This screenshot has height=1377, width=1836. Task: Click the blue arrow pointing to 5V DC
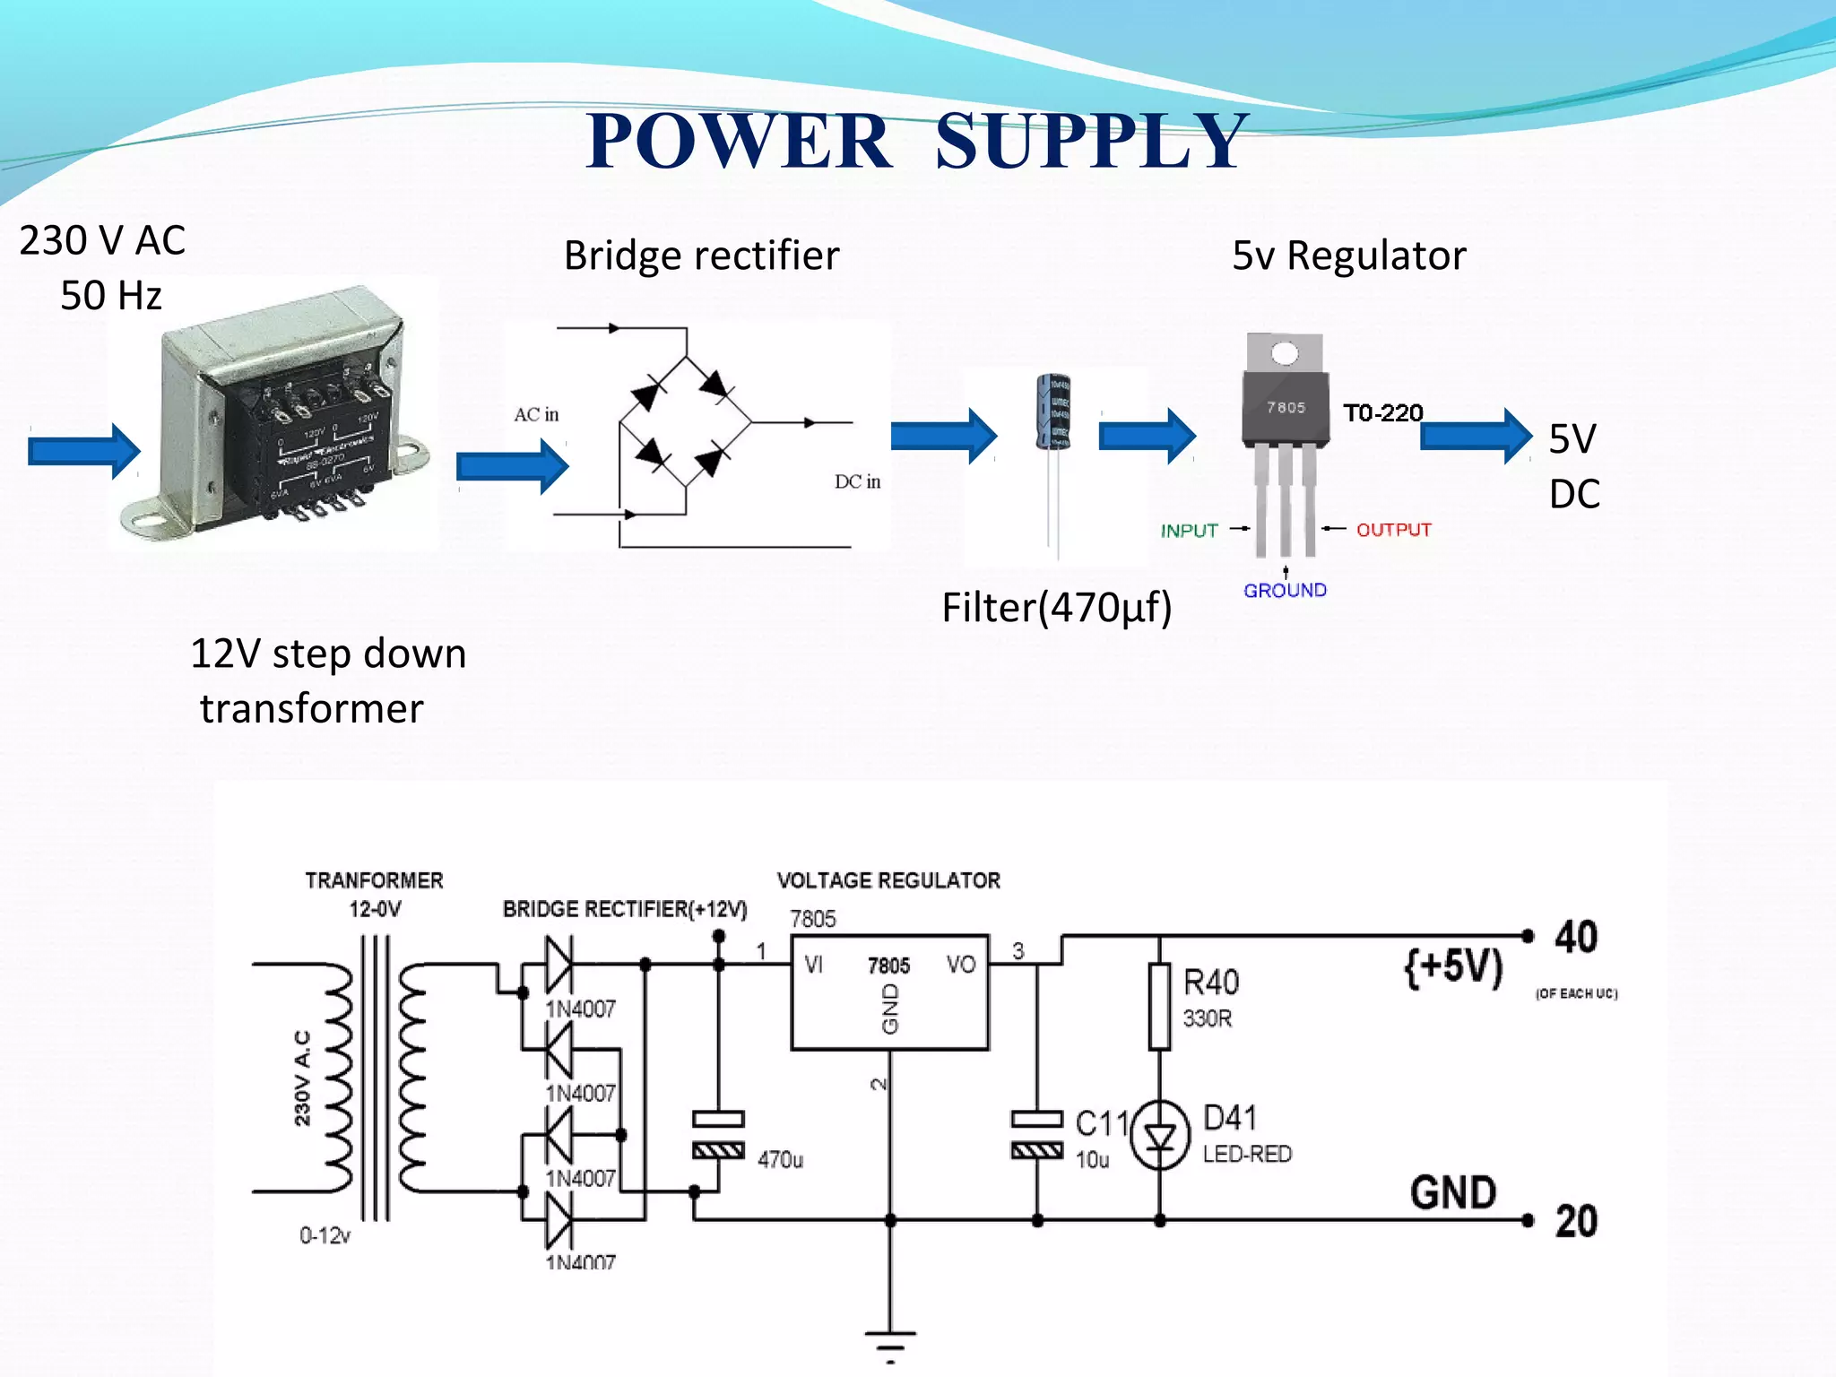[x=1475, y=436]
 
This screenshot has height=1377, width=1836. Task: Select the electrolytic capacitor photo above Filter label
[x=1053, y=412]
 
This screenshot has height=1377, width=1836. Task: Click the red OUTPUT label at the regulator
[x=1393, y=530]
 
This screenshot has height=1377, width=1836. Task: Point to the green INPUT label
[x=1189, y=531]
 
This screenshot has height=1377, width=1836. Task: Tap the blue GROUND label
[x=1285, y=590]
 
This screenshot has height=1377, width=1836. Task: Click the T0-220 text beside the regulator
[x=1382, y=413]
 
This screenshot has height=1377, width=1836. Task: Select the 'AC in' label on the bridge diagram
[x=536, y=414]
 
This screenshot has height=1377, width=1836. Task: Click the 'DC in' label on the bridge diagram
[x=857, y=481]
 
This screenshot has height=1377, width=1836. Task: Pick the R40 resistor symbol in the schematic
[x=1159, y=1006]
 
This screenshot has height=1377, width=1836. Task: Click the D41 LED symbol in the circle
[x=1159, y=1137]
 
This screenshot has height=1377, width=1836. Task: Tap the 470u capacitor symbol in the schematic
[x=718, y=1135]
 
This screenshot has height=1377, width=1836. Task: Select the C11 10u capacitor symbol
[x=1037, y=1134]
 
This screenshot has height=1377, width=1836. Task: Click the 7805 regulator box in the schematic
[x=889, y=992]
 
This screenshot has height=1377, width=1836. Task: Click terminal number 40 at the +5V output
[x=1575, y=937]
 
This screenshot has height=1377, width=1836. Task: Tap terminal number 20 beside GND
[x=1576, y=1222]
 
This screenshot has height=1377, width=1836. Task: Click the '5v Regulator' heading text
[x=1348, y=255]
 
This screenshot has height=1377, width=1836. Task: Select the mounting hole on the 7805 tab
[x=1285, y=354]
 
